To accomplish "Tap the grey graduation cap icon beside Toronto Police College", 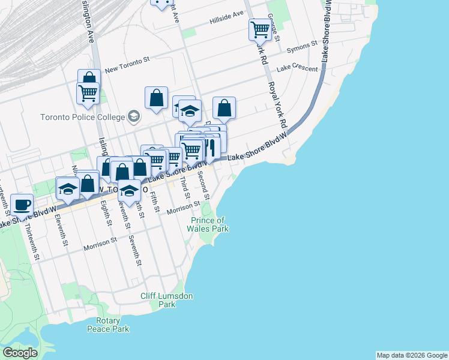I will [134, 116].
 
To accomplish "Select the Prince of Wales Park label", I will [208, 224].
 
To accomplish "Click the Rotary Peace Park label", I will [108, 325].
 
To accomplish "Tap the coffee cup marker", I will [22, 205].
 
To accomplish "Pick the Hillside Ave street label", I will [226, 17].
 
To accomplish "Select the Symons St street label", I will [301, 47].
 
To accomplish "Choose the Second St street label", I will [203, 185].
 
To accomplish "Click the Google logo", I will [20, 353].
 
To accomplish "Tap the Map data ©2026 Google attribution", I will [411, 355].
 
